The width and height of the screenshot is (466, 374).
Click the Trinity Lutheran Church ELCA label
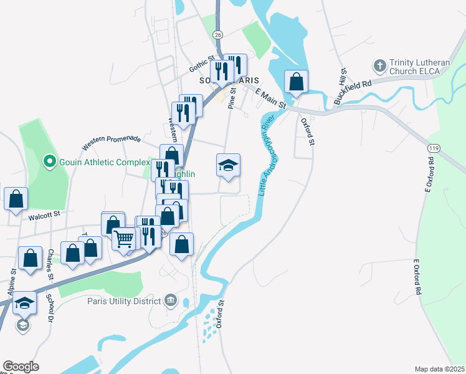pyautogui.click(x=414, y=67)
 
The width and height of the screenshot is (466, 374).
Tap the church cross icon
pyautogui.click(x=379, y=65)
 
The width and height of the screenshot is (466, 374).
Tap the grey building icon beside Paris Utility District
pyautogui.click(x=170, y=302)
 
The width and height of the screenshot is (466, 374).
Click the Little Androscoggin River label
pyautogui.click(x=268, y=156)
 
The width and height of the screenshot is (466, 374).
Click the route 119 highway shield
pyautogui.click(x=432, y=148)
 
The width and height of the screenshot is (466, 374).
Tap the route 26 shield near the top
pyautogui.click(x=217, y=34)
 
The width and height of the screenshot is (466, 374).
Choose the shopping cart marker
pyautogui.click(x=124, y=237)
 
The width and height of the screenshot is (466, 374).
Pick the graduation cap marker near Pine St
pyautogui.click(x=228, y=166)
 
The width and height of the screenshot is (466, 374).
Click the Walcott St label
pyautogui.click(x=43, y=214)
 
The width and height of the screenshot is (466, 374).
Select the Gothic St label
pyautogui.click(x=202, y=62)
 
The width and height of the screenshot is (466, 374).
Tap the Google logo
pyautogui.click(x=21, y=367)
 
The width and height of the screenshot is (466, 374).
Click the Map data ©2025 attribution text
pyautogui.click(x=439, y=369)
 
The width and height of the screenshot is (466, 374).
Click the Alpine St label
pyautogui.click(x=11, y=282)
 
